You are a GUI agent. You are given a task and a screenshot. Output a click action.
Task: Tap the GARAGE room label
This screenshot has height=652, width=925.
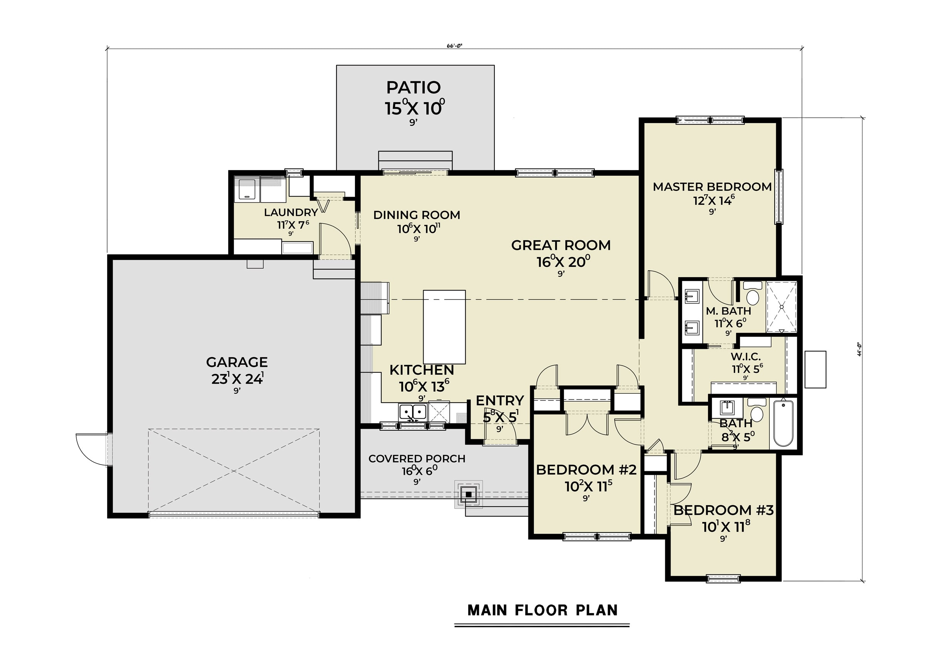(237, 362)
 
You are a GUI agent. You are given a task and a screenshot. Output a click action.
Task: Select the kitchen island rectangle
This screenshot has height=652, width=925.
(444, 327)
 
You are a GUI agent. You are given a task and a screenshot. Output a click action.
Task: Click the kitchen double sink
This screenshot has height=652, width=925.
(412, 412)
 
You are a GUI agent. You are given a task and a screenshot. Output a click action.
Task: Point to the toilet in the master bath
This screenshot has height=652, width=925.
(753, 293)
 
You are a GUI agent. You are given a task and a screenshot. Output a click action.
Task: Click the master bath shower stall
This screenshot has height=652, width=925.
(782, 307)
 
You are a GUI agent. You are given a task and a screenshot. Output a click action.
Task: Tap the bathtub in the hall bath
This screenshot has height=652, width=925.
(783, 423)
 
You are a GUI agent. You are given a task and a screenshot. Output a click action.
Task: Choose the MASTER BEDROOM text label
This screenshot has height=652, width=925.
(712, 187)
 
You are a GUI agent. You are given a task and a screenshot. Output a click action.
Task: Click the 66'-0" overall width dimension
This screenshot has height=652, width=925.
(454, 45)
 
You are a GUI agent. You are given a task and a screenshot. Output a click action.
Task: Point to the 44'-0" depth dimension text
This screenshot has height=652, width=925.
(859, 349)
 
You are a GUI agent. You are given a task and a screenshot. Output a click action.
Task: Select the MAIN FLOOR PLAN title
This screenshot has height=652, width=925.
(542, 610)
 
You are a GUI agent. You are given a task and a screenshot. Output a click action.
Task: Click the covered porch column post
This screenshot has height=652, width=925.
(468, 494)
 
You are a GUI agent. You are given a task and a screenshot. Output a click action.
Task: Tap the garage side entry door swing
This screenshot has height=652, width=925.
(92, 448)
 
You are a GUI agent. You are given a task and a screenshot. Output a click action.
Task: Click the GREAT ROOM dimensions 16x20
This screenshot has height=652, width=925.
(563, 261)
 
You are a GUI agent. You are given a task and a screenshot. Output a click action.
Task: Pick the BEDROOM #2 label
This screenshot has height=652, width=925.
(586, 470)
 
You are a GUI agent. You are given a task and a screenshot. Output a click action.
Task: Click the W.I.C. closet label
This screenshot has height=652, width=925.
(746, 357)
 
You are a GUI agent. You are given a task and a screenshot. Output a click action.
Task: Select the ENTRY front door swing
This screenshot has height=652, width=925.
(500, 431)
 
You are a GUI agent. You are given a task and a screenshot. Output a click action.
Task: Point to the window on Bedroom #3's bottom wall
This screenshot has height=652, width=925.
(723, 578)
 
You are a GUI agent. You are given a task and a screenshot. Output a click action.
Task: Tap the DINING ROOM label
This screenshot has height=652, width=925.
(417, 215)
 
